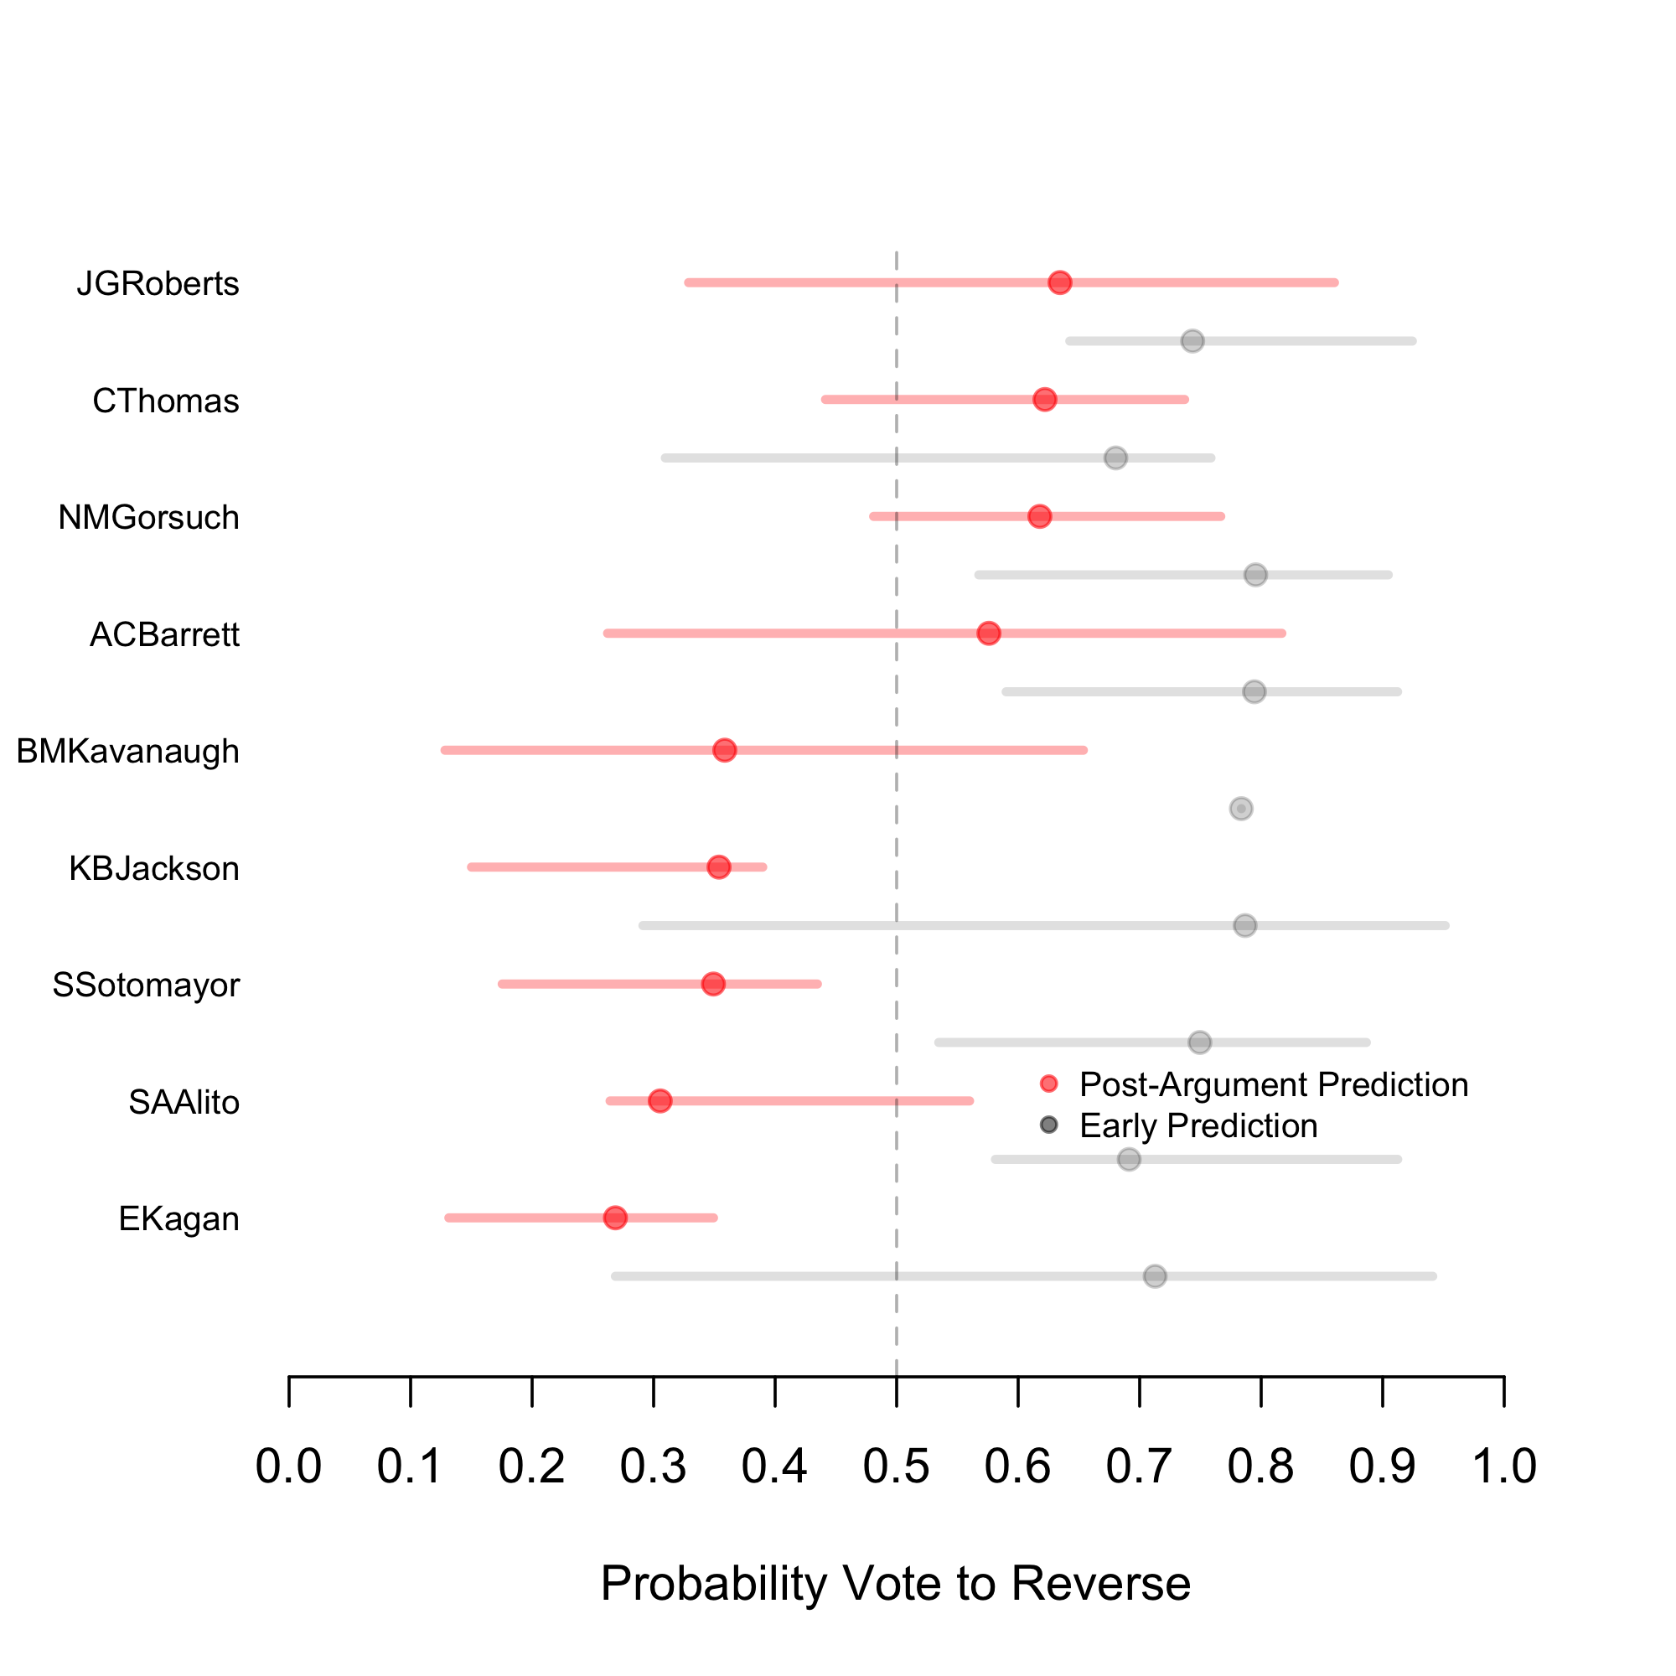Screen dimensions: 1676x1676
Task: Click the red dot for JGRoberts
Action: click(x=1059, y=282)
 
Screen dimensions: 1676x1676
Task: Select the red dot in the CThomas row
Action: click(x=1044, y=400)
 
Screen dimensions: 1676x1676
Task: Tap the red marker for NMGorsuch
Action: click(x=1039, y=517)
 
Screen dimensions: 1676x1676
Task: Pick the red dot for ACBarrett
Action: click(x=988, y=634)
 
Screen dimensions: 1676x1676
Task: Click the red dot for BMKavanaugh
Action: click(x=724, y=750)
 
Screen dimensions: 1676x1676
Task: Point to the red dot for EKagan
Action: click(x=615, y=1218)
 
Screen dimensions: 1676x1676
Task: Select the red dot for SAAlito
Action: click(x=660, y=1101)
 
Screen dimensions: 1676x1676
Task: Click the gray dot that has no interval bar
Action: click(x=1240, y=809)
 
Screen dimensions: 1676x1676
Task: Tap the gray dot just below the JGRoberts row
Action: click(x=1192, y=341)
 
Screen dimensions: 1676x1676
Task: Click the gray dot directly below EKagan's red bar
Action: click(x=1155, y=1276)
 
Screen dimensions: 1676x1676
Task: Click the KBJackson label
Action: click(x=153, y=868)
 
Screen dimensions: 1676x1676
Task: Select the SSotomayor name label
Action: click(x=146, y=985)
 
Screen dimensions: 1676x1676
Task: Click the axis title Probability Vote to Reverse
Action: click(x=895, y=1583)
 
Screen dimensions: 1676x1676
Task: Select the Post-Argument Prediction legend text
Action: click(x=1273, y=1084)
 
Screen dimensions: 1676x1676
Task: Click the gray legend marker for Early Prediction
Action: click(x=1049, y=1125)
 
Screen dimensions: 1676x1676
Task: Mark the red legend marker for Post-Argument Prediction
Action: click(x=1049, y=1084)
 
